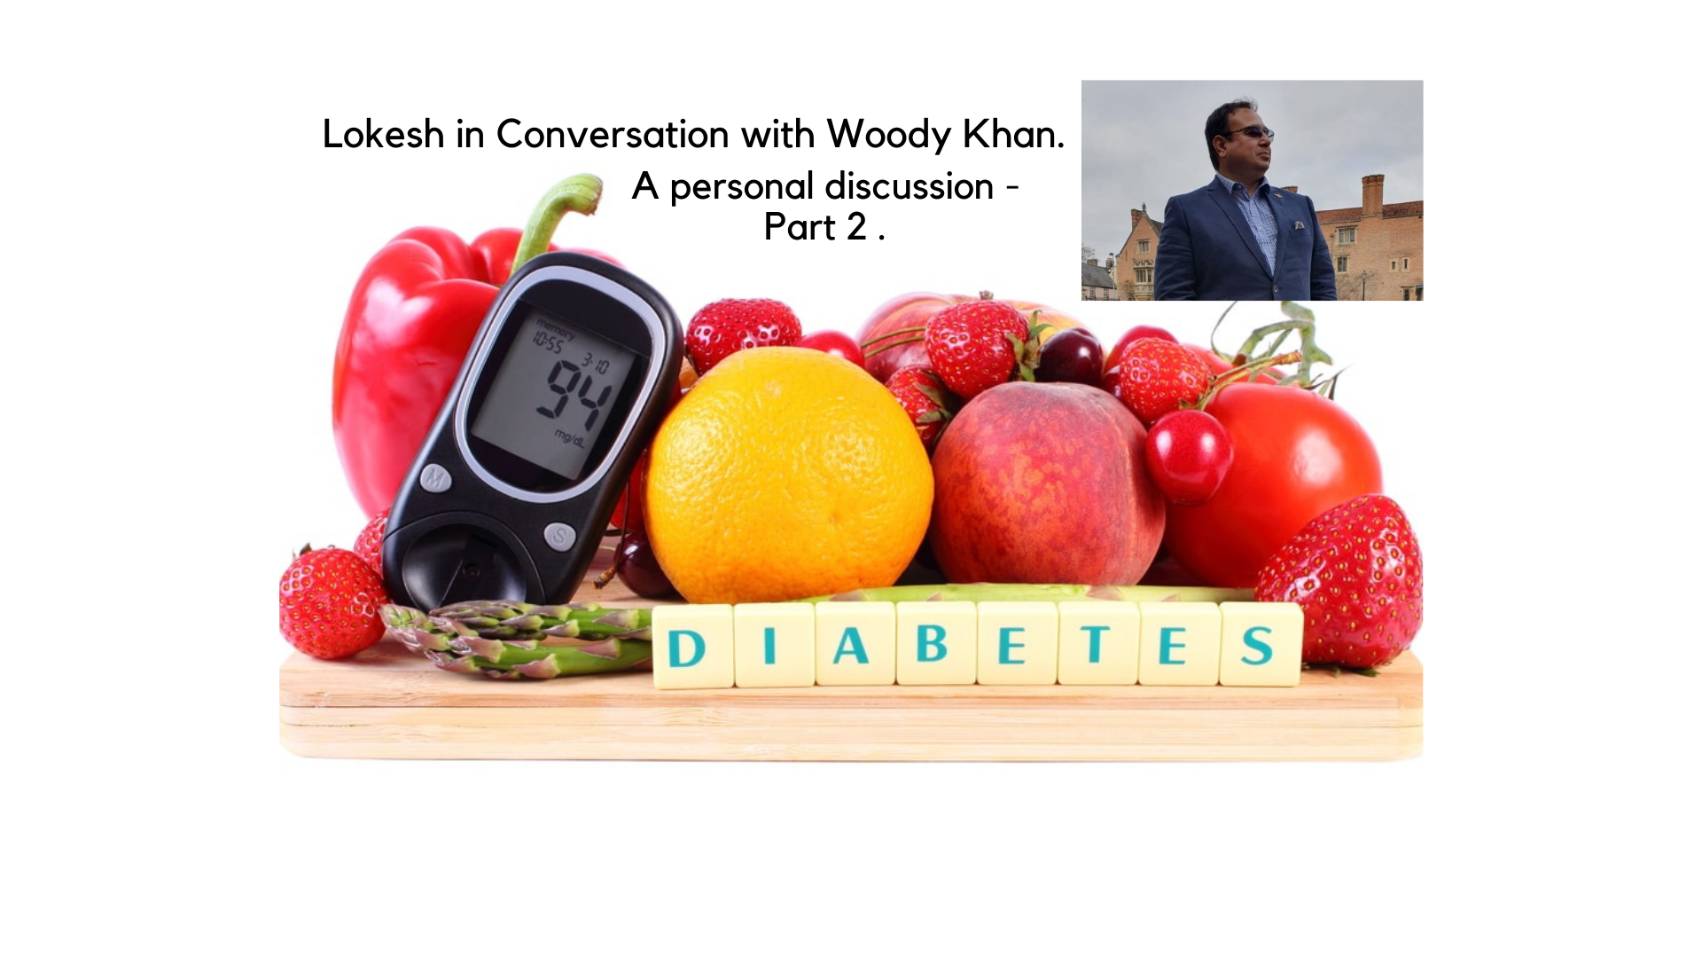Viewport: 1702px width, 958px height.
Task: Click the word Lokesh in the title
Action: (383, 134)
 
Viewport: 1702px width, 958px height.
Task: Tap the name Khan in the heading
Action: (1013, 134)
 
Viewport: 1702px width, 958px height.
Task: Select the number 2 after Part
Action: (856, 227)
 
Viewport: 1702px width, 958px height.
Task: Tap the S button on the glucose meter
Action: (559, 536)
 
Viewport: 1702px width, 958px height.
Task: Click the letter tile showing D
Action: (692, 647)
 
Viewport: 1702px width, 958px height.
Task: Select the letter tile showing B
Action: (936, 643)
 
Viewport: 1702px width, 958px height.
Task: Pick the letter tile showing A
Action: (855, 645)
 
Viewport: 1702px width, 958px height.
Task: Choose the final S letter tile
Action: (1261, 644)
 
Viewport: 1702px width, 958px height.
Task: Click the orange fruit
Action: (789, 475)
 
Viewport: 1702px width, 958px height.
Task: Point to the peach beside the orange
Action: (1046, 483)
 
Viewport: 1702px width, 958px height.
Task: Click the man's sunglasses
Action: (1248, 133)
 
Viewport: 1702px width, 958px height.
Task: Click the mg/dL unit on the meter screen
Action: (569, 438)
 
